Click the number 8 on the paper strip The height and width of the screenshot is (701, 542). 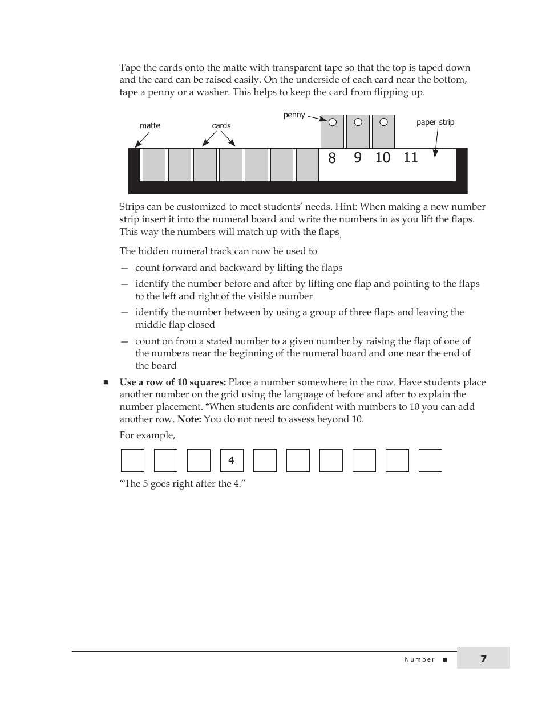pyautogui.click(x=332, y=158)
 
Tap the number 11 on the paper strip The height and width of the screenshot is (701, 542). pyautogui.click(x=411, y=158)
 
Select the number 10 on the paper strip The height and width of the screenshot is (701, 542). pyautogui.click(x=383, y=158)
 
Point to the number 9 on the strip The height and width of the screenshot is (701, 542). pyautogui.click(x=358, y=158)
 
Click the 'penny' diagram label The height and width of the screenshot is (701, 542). pyautogui.click(x=294, y=115)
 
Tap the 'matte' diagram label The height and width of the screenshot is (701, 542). pyautogui.click(x=150, y=125)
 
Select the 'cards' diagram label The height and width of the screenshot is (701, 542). pyautogui.click(x=221, y=125)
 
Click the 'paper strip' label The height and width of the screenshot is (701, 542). pyautogui.click(x=435, y=122)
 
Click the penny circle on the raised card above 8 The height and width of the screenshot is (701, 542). pyautogui.click(x=333, y=122)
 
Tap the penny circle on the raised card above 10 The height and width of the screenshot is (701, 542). pyautogui.click(x=384, y=122)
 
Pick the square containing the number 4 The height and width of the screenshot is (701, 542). pyautogui.click(x=232, y=460)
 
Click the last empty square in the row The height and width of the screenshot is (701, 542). pyautogui.click(x=430, y=460)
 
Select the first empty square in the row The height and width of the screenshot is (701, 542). pyautogui.click(x=132, y=460)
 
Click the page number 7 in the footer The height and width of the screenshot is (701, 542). pyautogui.click(x=483, y=659)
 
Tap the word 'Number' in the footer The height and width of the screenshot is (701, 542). pyautogui.click(x=419, y=659)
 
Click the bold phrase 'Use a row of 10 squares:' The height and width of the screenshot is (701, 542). pyautogui.click(x=172, y=382)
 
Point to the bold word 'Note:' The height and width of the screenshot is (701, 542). pyautogui.click(x=189, y=419)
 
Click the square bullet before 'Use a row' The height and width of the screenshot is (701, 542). pyautogui.click(x=106, y=382)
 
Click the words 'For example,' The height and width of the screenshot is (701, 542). pyautogui.click(x=147, y=435)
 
